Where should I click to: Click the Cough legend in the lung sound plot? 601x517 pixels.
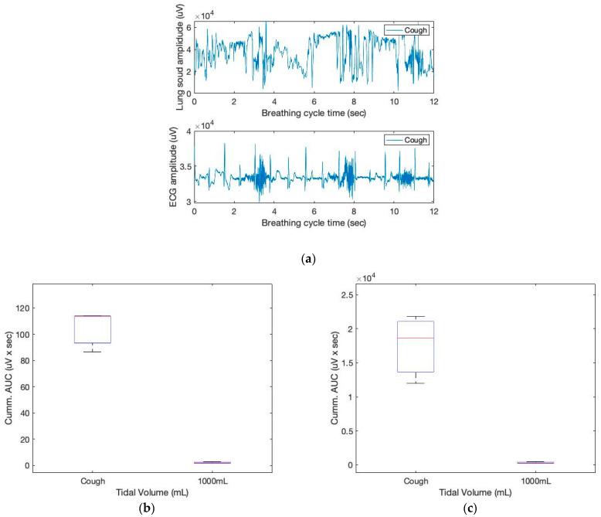(408, 30)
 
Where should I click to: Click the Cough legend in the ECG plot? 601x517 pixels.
(408, 140)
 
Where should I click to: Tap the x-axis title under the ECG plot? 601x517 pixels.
(314, 223)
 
